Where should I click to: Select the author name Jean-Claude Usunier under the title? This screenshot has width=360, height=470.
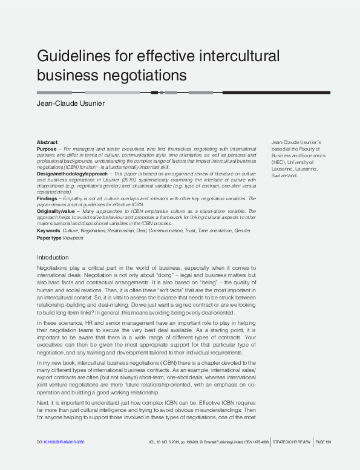pyautogui.click(x=71, y=103)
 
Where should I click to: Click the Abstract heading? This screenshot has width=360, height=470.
pyautogui.click(x=47, y=142)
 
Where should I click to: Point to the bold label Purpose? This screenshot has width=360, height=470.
pyautogui.click(x=46, y=149)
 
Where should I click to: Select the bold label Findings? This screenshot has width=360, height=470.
pyautogui.click(x=47, y=198)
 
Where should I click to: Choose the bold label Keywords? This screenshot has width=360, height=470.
pyautogui.click(x=48, y=230)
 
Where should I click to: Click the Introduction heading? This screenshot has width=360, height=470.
pyautogui.click(x=54, y=257)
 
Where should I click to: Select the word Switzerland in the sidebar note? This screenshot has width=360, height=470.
pyautogui.click(x=285, y=175)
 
